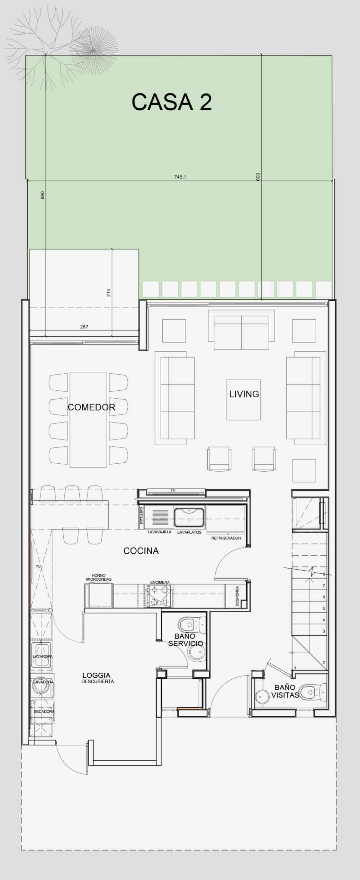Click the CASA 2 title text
(x=172, y=102)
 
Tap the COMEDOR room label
(x=91, y=407)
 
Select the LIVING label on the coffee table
(x=244, y=394)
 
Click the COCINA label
(x=141, y=551)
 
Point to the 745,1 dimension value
(x=180, y=177)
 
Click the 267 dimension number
(x=84, y=327)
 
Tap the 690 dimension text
(x=43, y=195)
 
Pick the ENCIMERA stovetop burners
(x=160, y=596)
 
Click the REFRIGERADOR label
(x=226, y=538)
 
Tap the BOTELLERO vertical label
(x=141, y=518)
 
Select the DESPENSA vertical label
(x=237, y=596)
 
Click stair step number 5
(x=324, y=608)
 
